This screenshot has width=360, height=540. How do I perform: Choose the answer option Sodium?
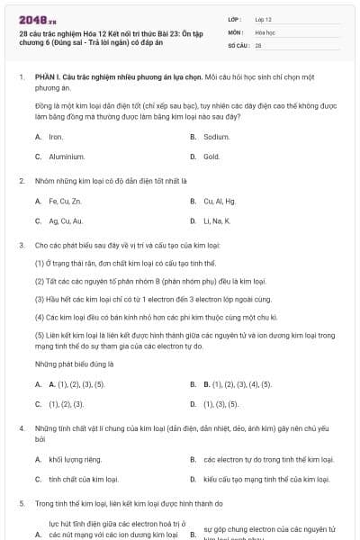[x=216, y=137]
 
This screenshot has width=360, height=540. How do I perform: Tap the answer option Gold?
[x=211, y=157]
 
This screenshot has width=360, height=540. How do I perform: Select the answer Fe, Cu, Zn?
[x=65, y=201]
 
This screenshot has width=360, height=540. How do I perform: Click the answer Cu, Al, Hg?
[x=219, y=201]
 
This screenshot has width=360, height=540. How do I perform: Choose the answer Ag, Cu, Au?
[x=66, y=220]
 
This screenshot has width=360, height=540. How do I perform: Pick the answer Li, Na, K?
[x=217, y=220]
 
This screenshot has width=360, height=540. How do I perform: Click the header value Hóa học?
[x=265, y=31]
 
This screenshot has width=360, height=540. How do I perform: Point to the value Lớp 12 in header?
[x=263, y=18]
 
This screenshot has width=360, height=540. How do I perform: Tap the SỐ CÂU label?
[x=238, y=44]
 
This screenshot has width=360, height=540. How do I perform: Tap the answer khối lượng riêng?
[x=75, y=459]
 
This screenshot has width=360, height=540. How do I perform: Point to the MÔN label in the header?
[x=236, y=31]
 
